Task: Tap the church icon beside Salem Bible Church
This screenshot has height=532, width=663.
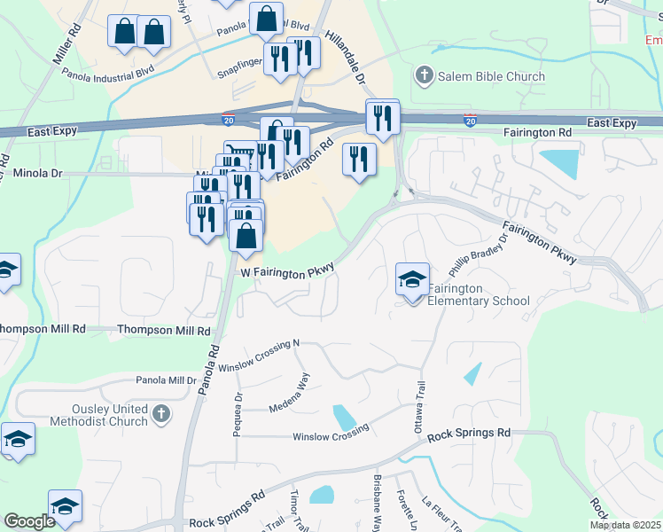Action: click(x=425, y=76)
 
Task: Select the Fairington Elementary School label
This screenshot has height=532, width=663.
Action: click(x=479, y=295)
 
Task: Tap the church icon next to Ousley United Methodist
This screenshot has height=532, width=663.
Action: click(x=160, y=413)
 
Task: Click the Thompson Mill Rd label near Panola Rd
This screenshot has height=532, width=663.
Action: click(x=164, y=330)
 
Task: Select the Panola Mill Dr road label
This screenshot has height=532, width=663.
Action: click(x=166, y=380)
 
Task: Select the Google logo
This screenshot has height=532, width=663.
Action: click(x=30, y=521)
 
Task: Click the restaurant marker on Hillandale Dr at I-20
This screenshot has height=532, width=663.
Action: click(x=383, y=117)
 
